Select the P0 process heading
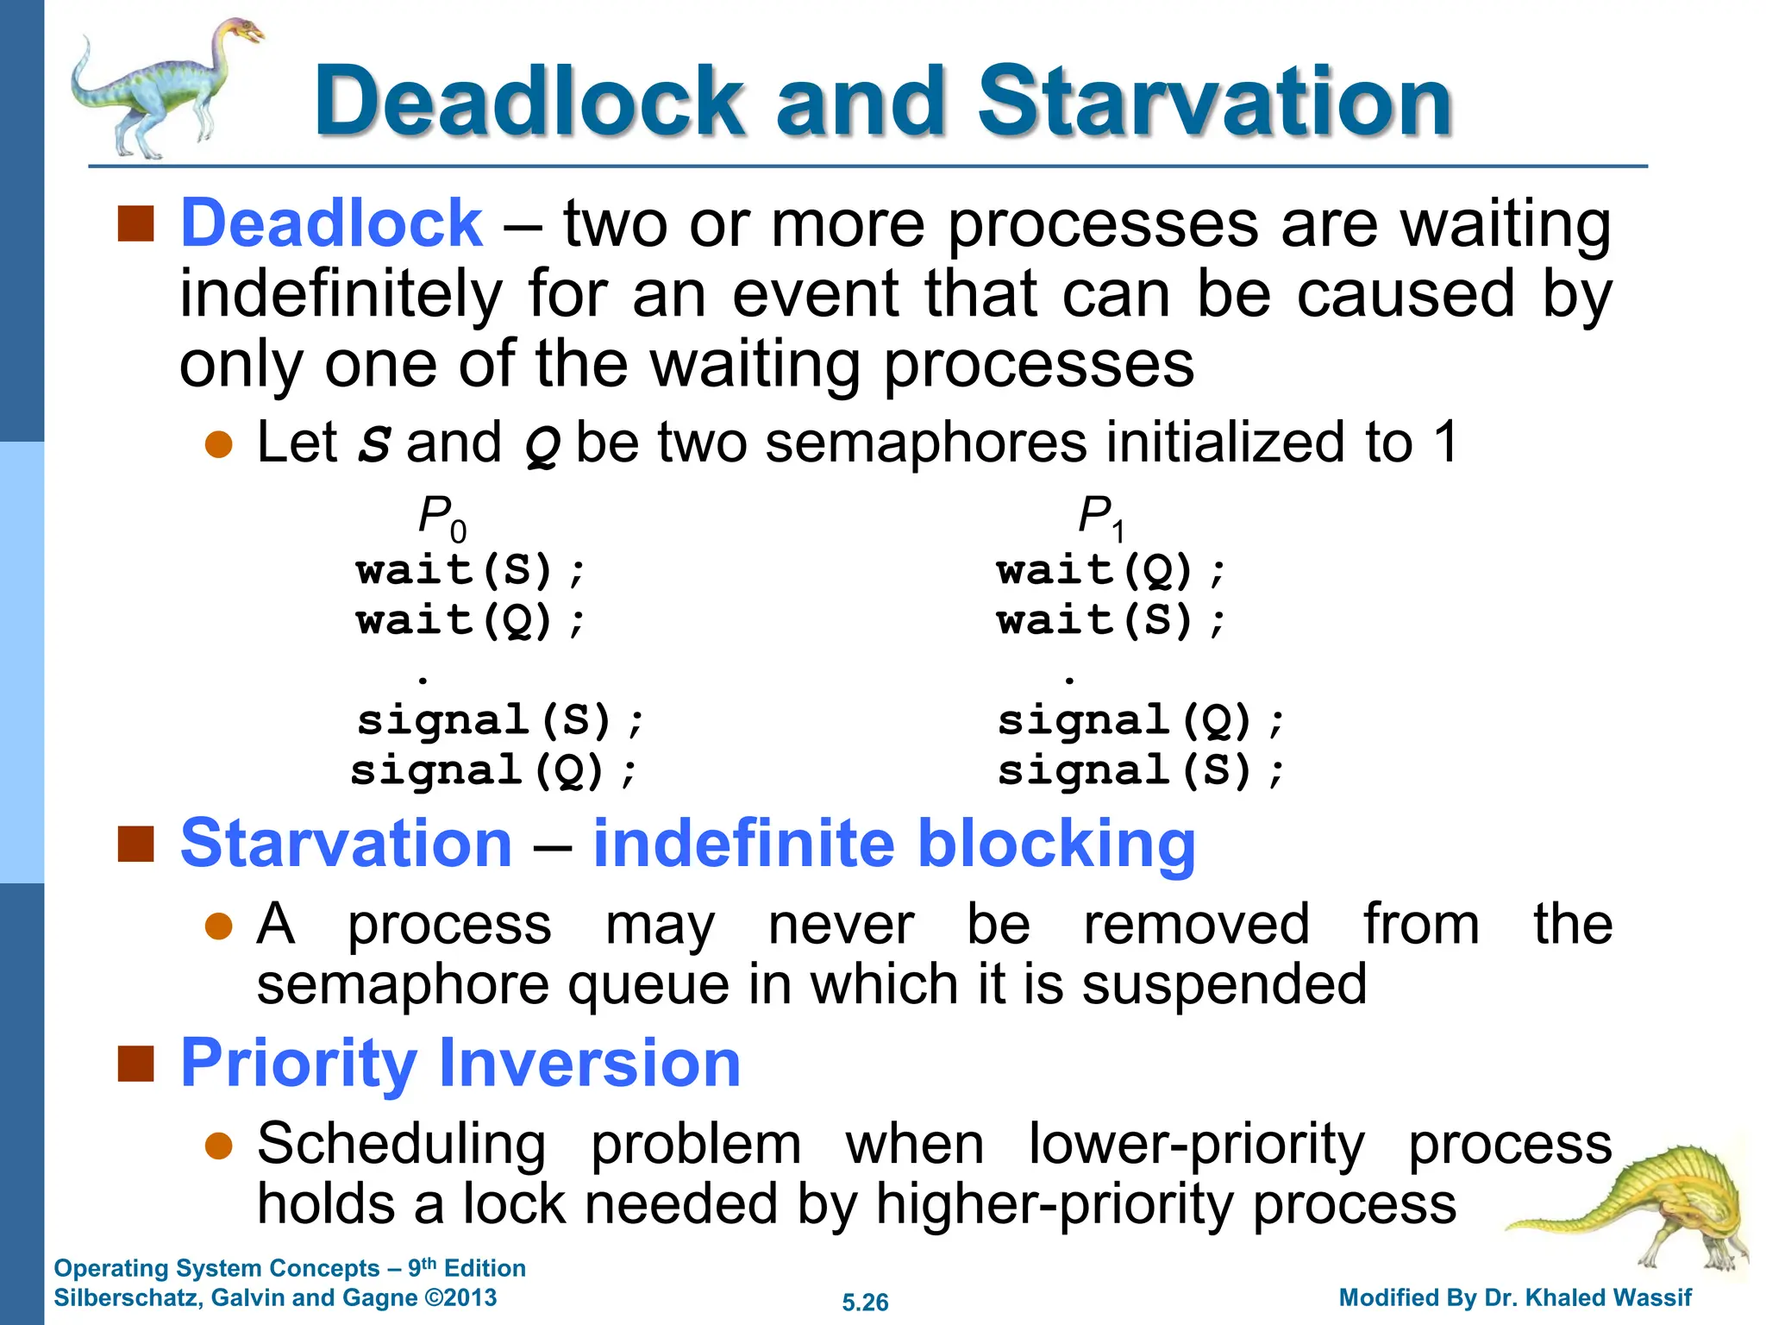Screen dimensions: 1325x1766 coord(441,518)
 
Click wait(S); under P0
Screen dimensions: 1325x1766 coord(470,571)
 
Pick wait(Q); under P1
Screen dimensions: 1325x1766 coord(1111,571)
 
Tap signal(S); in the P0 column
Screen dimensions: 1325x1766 coord(500,720)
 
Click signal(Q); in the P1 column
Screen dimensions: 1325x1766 coord(1141,720)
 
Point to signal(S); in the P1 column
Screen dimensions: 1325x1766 coord(1141,770)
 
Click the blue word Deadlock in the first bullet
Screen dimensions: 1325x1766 coord(330,223)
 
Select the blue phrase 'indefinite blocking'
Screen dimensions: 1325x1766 coord(894,843)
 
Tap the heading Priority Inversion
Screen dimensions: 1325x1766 coord(460,1063)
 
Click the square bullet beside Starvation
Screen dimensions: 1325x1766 coord(135,844)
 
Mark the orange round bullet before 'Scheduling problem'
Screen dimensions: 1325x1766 coord(219,1146)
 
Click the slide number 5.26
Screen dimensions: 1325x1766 coord(865,1302)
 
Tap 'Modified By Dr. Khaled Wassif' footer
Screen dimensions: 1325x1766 coord(1515,1297)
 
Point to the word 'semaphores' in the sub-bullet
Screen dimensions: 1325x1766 coord(926,443)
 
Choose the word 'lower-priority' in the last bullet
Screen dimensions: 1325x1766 coord(1196,1145)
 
